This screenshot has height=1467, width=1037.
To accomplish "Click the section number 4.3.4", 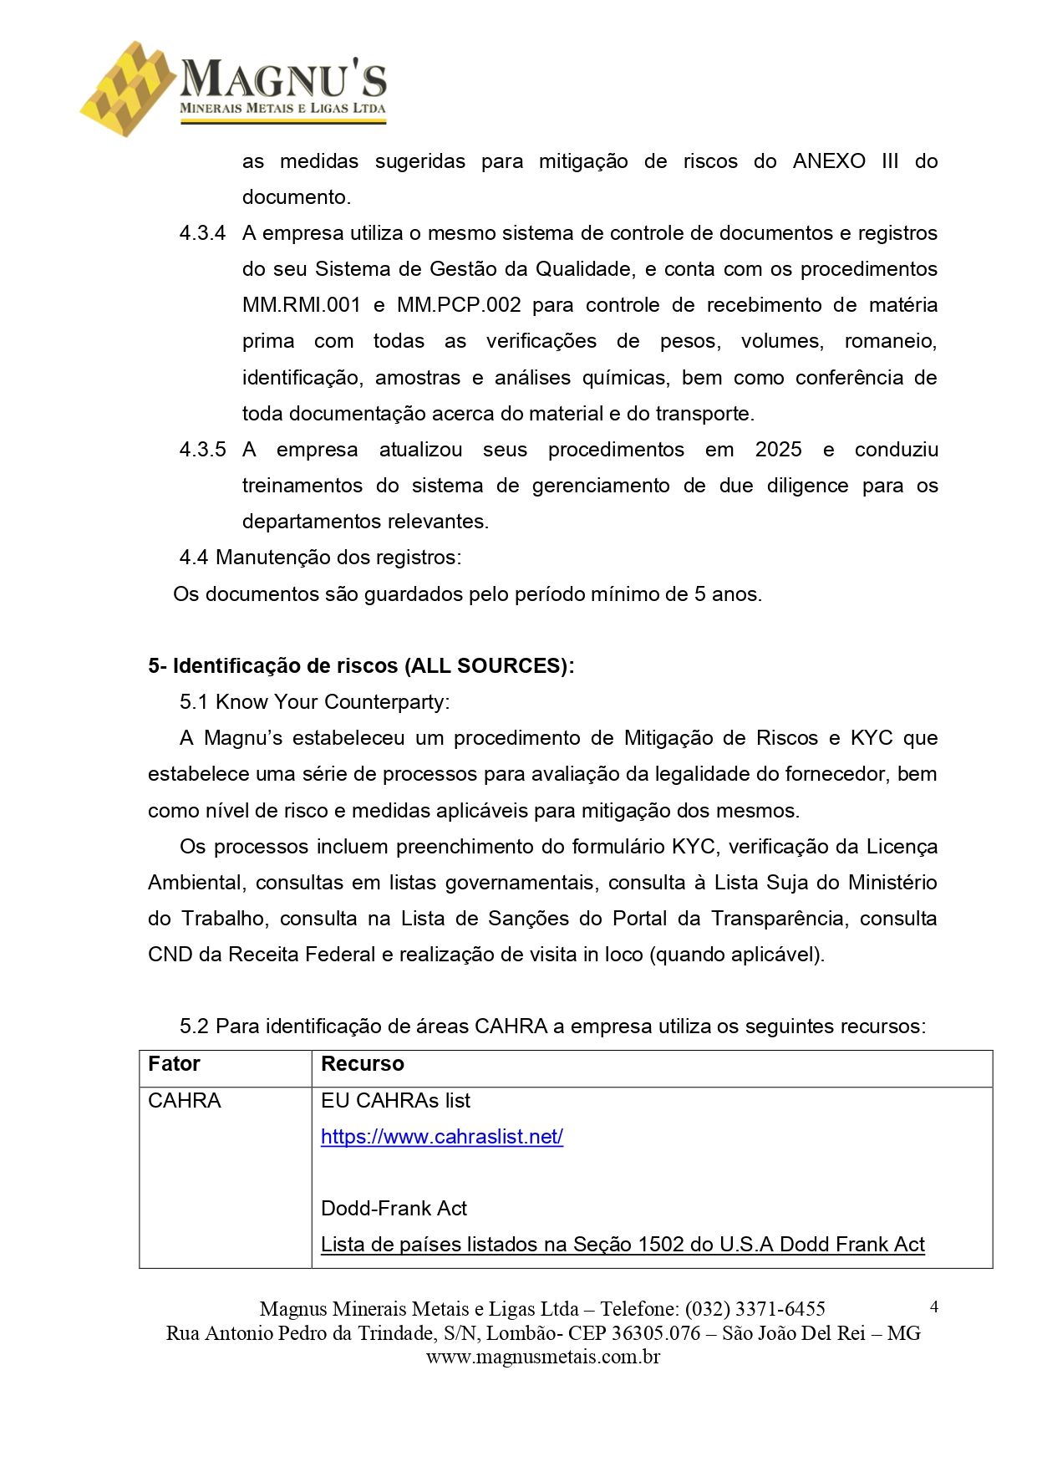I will [202, 233].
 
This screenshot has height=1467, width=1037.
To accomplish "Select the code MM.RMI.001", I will [301, 305].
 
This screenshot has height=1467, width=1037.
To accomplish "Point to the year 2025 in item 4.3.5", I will [778, 450].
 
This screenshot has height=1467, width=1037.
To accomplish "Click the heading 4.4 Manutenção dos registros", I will [320, 558].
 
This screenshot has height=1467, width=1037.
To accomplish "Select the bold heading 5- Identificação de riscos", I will [361, 666].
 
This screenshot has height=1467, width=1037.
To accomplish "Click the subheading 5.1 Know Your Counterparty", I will [314, 702].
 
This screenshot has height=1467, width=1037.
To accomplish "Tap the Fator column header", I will [174, 1064].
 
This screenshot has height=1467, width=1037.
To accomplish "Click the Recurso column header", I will [362, 1064].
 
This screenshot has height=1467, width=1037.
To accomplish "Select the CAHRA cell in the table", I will [184, 1101].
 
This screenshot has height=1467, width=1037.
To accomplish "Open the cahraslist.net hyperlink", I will [441, 1137].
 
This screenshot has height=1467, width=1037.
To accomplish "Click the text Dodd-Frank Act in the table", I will [394, 1209].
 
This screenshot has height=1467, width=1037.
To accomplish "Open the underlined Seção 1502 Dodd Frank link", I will [623, 1245].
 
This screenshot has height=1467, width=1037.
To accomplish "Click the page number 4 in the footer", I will [933, 1307].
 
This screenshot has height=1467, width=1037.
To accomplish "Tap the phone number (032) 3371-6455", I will [755, 1309].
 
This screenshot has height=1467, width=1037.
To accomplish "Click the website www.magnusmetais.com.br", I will [542, 1357].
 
